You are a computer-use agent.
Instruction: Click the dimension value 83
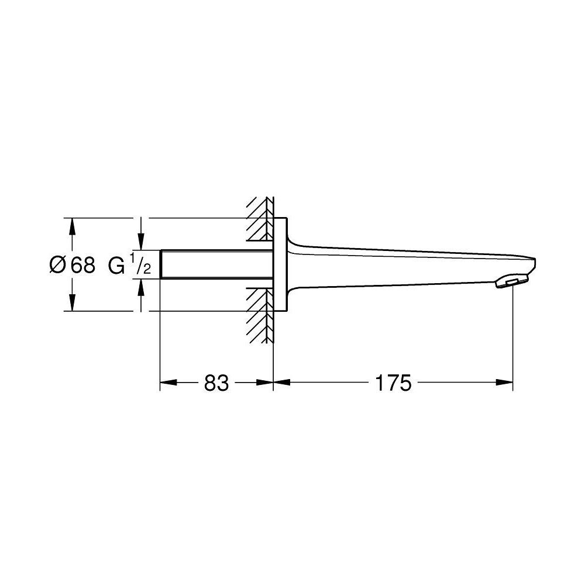click(216, 383)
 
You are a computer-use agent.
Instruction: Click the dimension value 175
click(394, 383)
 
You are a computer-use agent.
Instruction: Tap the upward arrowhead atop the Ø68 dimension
click(72, 225)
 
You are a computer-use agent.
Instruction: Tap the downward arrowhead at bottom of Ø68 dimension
click(72, 304)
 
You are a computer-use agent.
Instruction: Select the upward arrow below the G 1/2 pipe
click(140, 287)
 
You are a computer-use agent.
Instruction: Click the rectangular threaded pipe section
click(216, 265)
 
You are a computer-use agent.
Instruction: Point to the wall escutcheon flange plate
click(280, 265)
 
